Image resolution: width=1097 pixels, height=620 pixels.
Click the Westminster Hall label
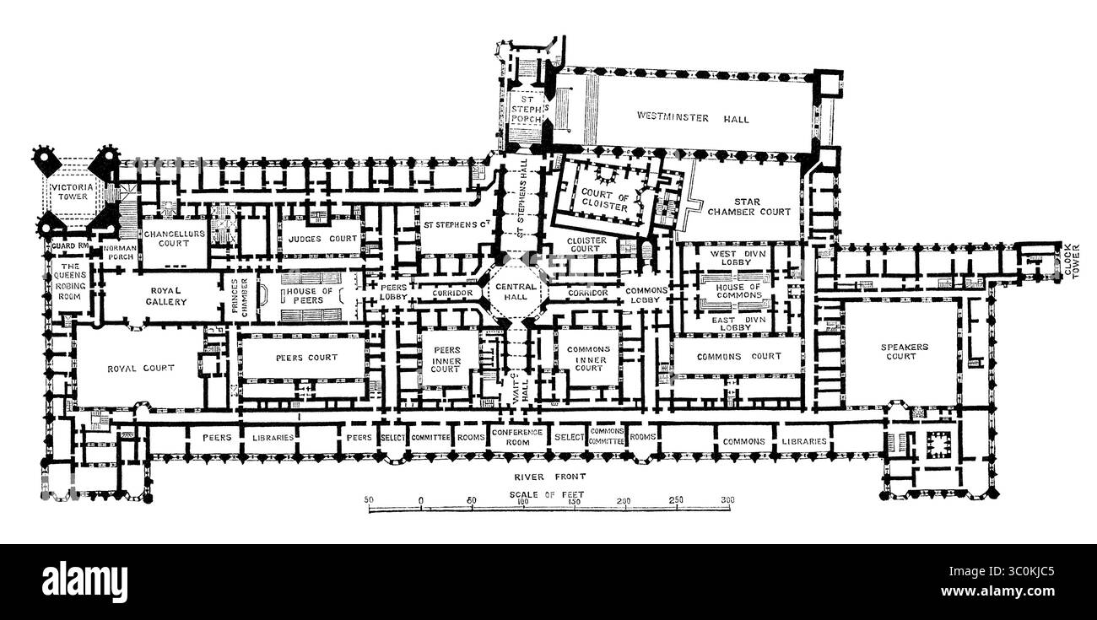tap(693, 119)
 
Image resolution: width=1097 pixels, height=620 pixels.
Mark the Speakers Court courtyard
tap(904, 351)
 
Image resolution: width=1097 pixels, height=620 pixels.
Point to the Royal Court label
tap(141, 368)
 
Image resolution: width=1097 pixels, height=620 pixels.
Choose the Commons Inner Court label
tap(589, 359)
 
